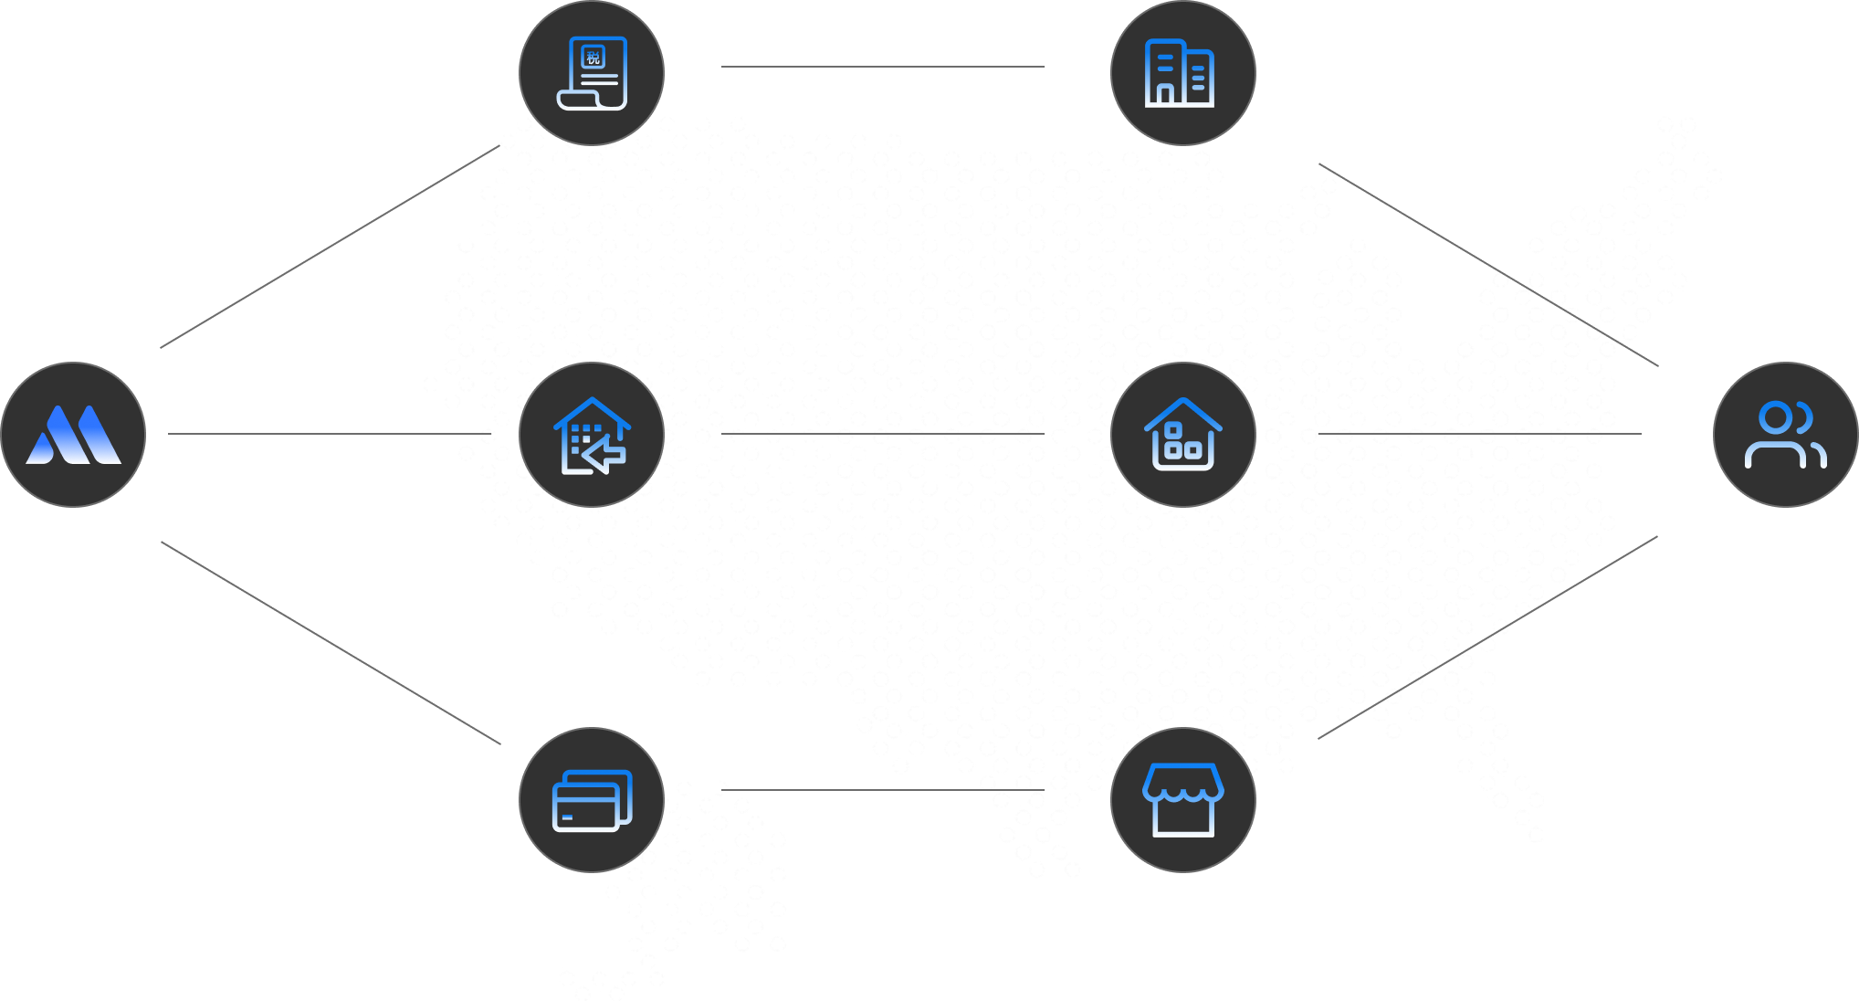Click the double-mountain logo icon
73,435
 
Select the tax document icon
592,73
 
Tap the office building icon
1180,73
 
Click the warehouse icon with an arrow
592,436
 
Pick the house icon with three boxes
1183,434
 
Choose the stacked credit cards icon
593,801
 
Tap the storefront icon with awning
1183,800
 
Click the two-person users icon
1785,435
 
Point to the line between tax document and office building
883,67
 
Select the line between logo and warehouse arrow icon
330,434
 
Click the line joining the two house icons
883,434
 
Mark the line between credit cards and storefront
883,790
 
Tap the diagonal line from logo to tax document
330,247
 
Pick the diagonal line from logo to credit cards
331,643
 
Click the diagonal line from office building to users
1488,265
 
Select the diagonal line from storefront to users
1487,637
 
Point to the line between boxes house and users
1480,434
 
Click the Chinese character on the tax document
593,58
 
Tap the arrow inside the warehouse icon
604,454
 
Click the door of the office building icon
1165,94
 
